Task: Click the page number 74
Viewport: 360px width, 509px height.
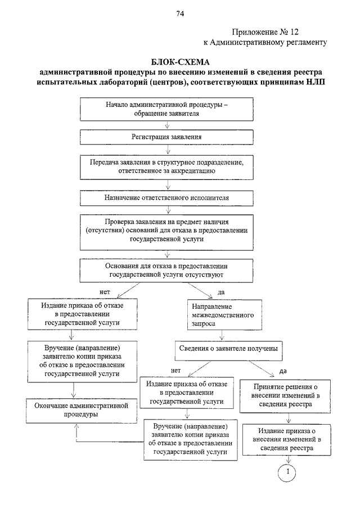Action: click(180, 13)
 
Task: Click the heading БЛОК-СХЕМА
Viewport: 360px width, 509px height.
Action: click(180, 62)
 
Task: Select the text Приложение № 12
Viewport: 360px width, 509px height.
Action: click(265, 32)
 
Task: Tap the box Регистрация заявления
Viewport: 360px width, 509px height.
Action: click(166, 137)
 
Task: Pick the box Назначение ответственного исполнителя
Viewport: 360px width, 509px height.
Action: click(166, 198)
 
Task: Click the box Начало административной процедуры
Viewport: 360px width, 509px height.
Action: click(166, 110)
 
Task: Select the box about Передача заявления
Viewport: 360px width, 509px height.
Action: click(166, 167)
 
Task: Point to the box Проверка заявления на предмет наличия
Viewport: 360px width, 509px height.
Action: click(166, 232)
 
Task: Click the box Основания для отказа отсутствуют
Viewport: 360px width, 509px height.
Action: click(166, 271)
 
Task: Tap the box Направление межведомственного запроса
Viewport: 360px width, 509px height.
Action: click(224, 315)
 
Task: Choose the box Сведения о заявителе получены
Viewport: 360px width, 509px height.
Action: click(228, 350)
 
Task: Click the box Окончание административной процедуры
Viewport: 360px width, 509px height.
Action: click(82, 411)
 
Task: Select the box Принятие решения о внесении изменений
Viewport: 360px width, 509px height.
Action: click(285, 396)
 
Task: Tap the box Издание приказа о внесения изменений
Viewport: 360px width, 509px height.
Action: click(287, 439)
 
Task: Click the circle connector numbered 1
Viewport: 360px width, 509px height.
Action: click(287, 472)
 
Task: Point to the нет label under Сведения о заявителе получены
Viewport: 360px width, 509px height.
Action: click(175, 371)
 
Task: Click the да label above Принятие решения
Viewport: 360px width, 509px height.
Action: click(283, 371)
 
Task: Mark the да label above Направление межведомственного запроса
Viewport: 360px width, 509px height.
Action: click(221, 292)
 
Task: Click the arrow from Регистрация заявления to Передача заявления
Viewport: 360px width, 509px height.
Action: click(168, 150)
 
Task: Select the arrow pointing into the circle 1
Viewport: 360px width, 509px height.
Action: click(288, 460)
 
